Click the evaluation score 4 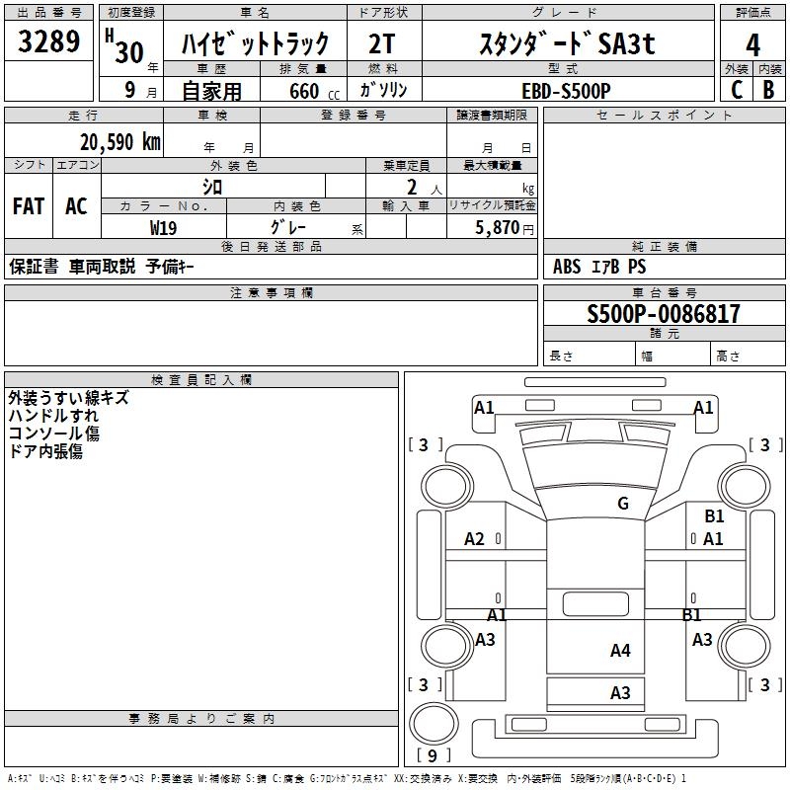(x=753, y=44)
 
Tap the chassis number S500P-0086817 (x=663, y=314)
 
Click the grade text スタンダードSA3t (x=567, y=44)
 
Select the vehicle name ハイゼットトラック (x=255, y=44)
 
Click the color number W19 (x=163, y=227)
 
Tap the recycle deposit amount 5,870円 (x=505, y=227)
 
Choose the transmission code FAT (x=29, y=206)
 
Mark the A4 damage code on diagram (x=620, y=651)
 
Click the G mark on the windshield (x=622, y=504)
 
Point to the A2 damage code (x=475, y=539)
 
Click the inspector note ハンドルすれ (x=53, y=416)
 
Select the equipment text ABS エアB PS (x=599, y=267)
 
